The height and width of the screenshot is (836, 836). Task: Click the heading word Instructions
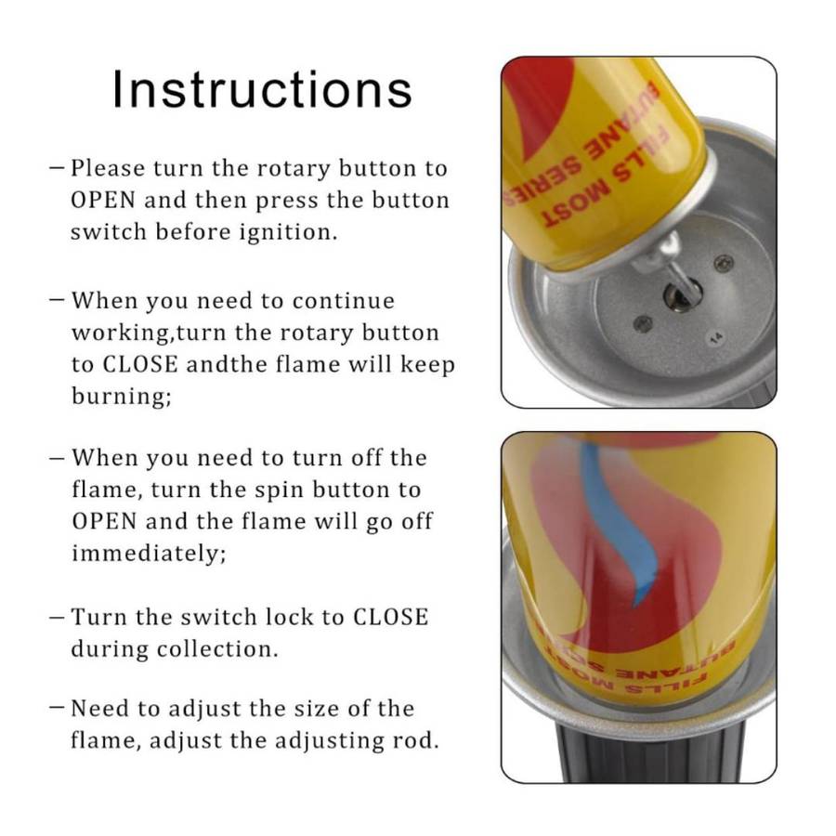[262, 89]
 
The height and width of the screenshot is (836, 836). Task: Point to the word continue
[343, 301]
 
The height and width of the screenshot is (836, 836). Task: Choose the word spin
[272, 490]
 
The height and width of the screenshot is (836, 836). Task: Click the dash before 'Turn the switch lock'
[58, 617]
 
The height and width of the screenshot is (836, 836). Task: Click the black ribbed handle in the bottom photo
[650, 752]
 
